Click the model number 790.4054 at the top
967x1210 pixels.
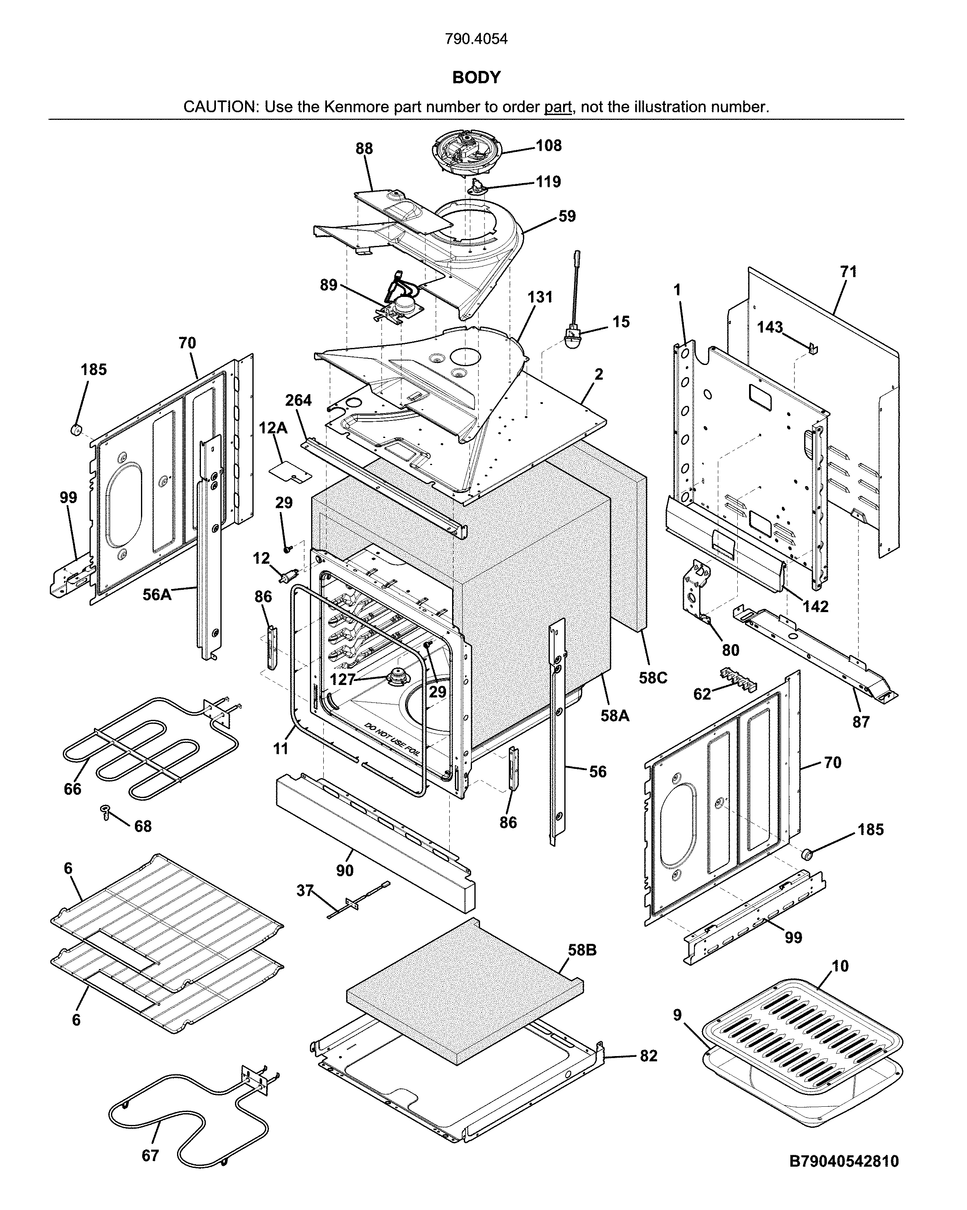point(476,39)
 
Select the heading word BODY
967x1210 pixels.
point(476,77)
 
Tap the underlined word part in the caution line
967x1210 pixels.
point(557,107)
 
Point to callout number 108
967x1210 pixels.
point(549,145)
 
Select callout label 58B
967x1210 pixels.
point(582,950)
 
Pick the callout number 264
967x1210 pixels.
point(298,400)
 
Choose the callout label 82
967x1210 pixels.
point(648,1056)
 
